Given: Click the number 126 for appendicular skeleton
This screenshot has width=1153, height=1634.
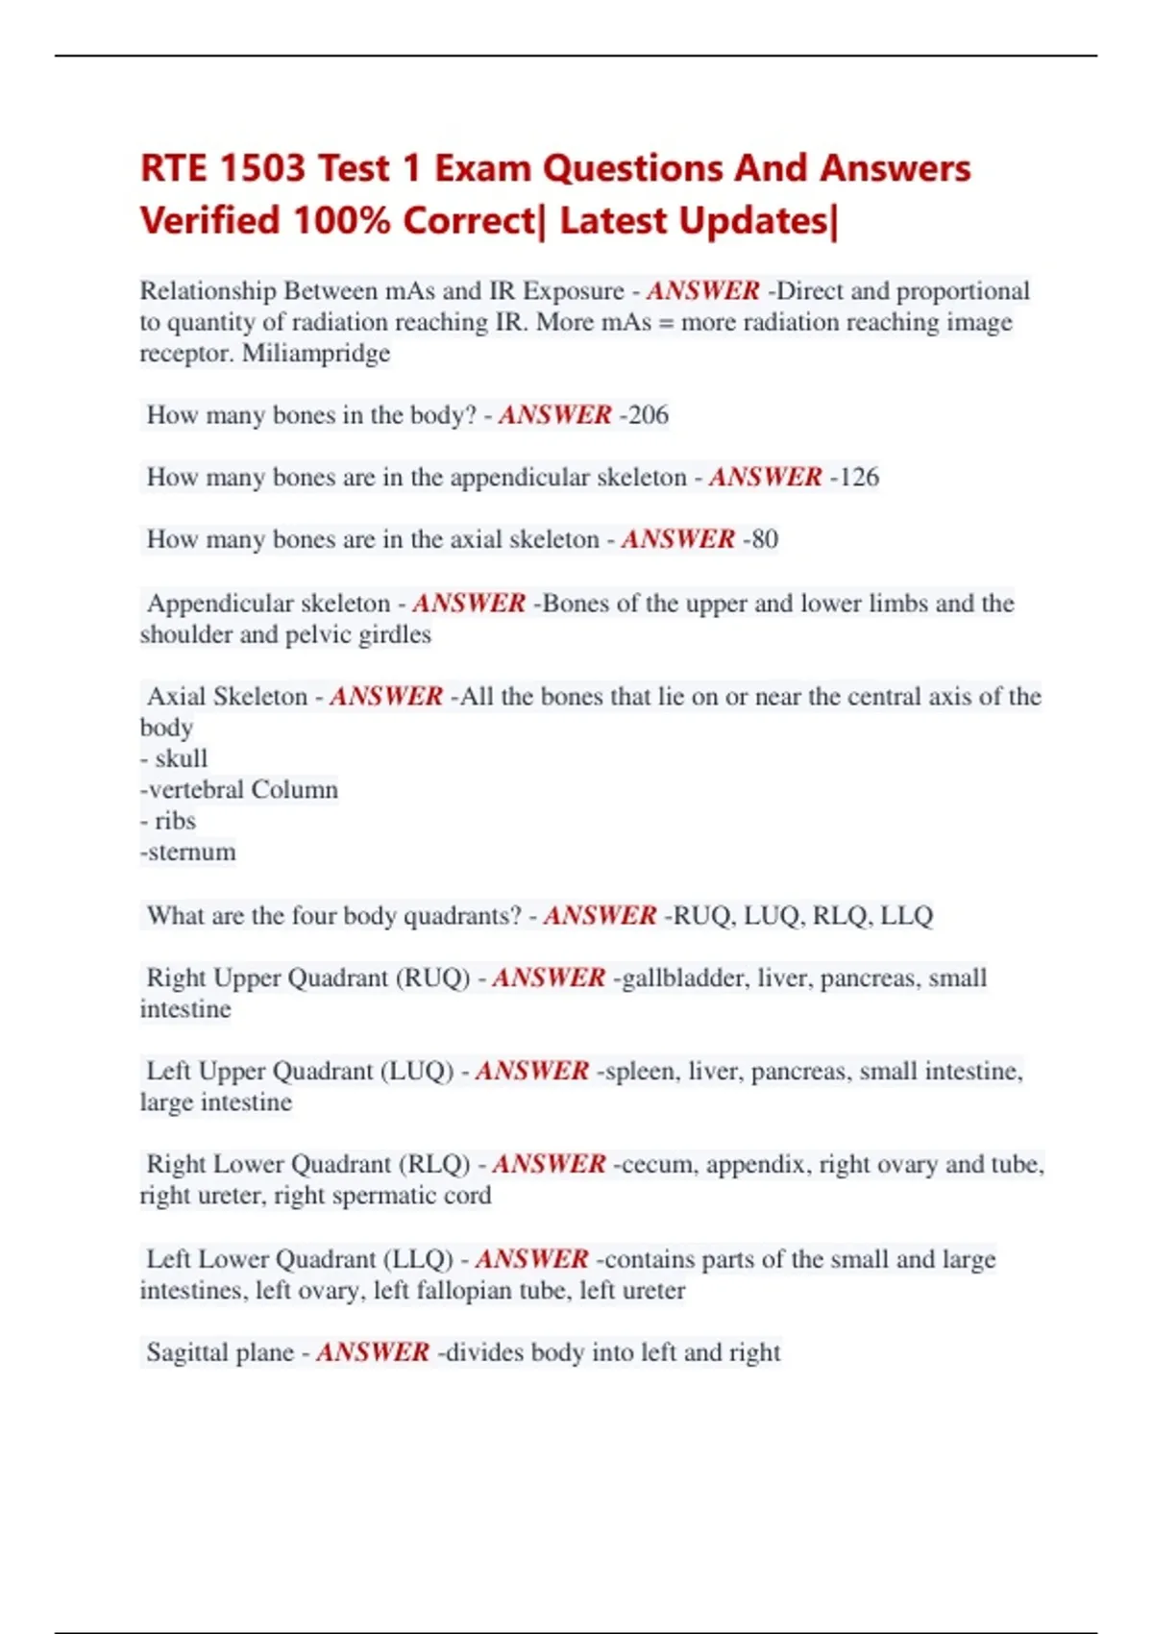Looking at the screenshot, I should pos(858,478).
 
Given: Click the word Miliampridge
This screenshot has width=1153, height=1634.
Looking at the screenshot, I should pos(316,354).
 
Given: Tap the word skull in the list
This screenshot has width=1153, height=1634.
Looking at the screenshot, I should pos(182,758).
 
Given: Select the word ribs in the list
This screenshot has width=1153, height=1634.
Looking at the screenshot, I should pos(175,821).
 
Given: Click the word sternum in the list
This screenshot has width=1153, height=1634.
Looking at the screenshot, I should pos(192,853).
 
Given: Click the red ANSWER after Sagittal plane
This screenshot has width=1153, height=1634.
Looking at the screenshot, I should pos(373,1352).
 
